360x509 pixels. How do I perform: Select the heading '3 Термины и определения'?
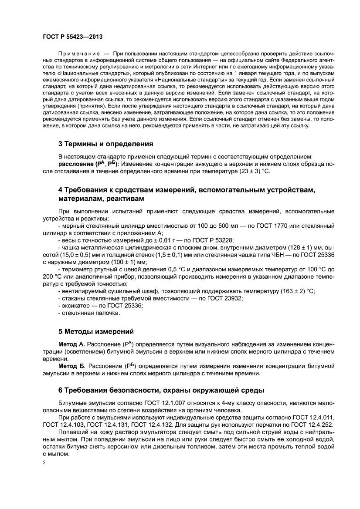click(x=105, y=143)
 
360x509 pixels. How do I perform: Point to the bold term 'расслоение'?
click(x=75, y=164)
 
